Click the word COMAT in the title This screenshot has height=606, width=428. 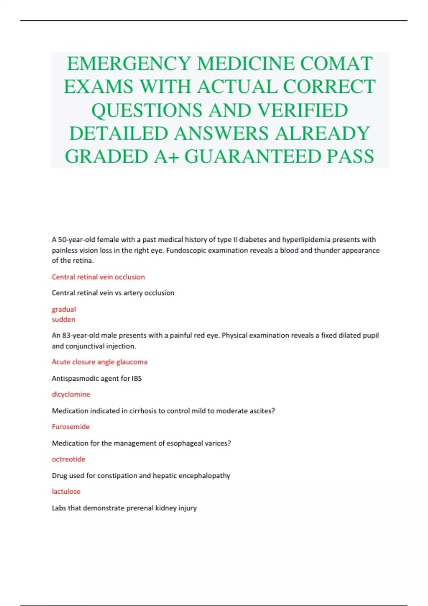coord(337,63)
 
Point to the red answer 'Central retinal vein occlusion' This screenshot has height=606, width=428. coord(98,277)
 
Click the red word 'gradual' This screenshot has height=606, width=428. coord(64,309)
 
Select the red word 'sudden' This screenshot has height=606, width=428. coord(63,319)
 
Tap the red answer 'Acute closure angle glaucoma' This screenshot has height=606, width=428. coord(100,362)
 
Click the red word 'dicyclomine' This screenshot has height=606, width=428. coord(71,394)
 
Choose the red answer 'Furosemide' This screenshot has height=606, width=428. coord(71,427)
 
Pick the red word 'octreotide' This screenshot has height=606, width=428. coord(68,459)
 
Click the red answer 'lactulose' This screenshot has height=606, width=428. coord(66,492)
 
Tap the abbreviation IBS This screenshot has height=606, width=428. coord(137,379)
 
